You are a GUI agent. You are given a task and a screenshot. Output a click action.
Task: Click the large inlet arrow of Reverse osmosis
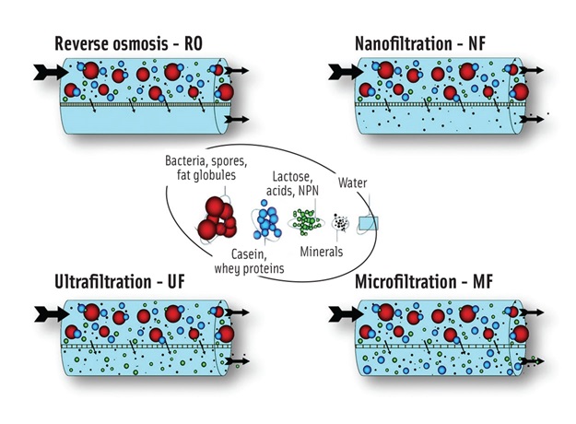tap(43, 70)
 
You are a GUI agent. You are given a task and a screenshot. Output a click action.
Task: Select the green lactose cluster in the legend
tap(308, 222)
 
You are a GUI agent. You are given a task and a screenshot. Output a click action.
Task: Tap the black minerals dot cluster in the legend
tap(340, 223)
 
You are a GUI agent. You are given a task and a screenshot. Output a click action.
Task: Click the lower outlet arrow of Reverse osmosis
tap(237, 120)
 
